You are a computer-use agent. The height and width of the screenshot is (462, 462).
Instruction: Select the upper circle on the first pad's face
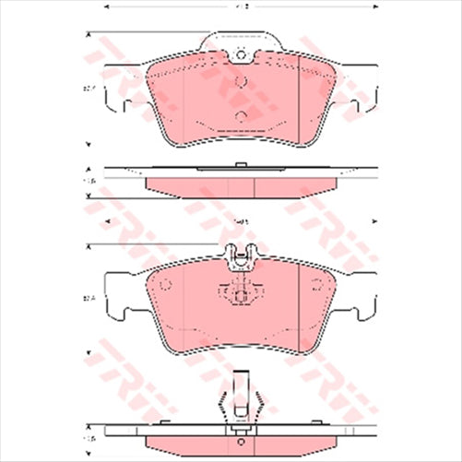[x=240, y=81]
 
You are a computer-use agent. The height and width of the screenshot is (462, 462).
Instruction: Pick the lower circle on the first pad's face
[x=240, y=115]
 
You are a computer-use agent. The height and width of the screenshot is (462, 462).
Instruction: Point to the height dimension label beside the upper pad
[x=90, y=89]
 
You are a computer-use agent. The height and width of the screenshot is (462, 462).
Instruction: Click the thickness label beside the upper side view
[x=90, y=182]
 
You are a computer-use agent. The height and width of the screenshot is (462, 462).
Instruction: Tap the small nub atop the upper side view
[x=240, y=165]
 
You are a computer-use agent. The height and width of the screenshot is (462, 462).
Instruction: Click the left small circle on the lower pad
[x=166, y=284]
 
